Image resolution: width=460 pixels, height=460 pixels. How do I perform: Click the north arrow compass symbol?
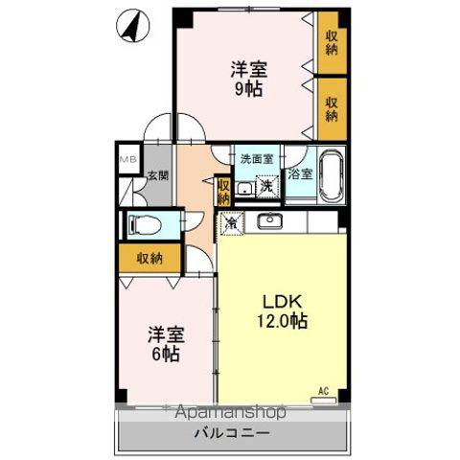click(x=132, y=27)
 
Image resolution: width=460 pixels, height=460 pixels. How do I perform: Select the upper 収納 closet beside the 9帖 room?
click(x=332, y=43)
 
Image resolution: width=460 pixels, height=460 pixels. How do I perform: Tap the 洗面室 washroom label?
click(x=256, y=159)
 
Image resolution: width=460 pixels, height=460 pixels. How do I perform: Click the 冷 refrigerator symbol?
click(x=232, y=222)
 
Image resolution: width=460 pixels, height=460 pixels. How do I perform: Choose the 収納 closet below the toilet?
click(x=149, y=258)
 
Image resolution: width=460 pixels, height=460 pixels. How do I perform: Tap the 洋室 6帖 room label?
click(x=165, y=344)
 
